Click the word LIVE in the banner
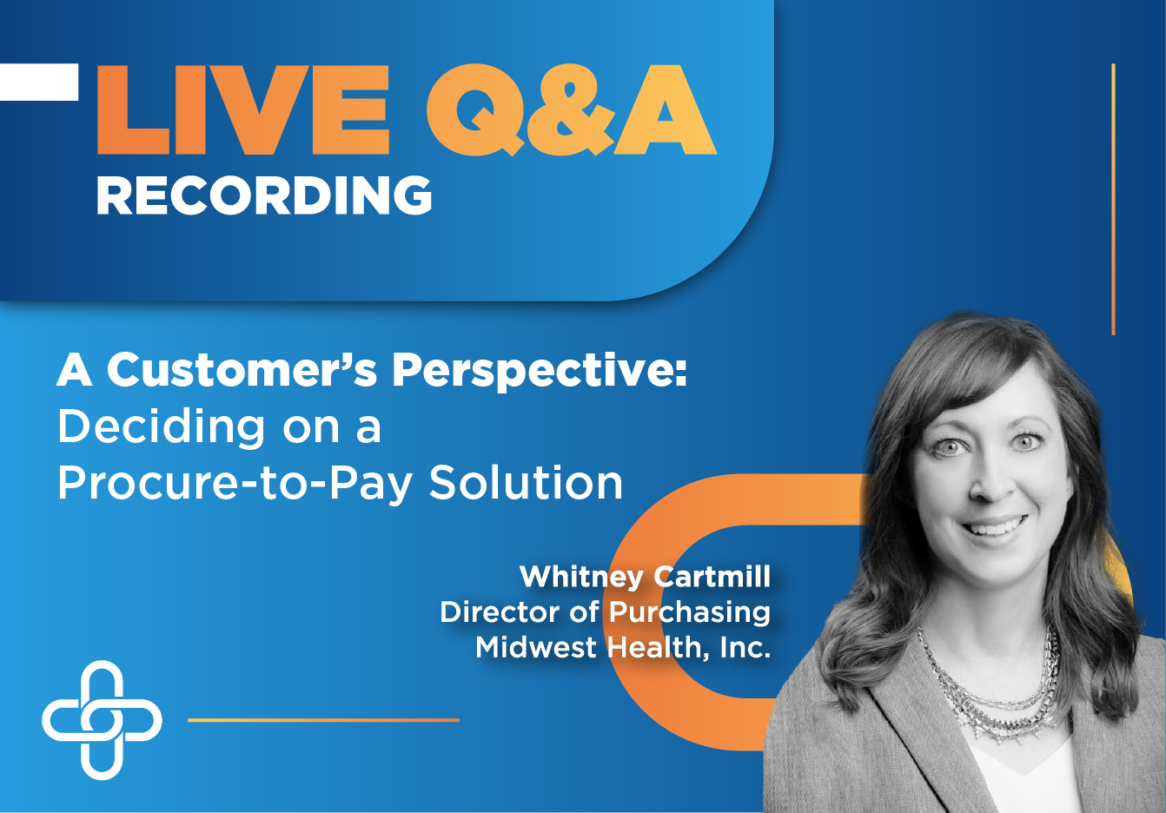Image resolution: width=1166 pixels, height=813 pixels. click(243, 109)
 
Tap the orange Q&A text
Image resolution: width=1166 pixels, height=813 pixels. click(572, 109)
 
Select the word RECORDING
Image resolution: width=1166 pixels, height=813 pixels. click(264, 195)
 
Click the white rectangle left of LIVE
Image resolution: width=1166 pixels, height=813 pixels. click(39, 82)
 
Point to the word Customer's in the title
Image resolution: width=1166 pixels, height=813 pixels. click(242, 370)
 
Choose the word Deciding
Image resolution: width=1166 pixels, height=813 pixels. click(162, 428)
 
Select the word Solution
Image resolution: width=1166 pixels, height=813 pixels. click(526, 482)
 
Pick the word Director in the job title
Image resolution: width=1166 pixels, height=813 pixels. click(500, 611)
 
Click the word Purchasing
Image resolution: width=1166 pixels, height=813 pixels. click(690, 613)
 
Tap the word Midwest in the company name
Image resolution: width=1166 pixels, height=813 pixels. click(536, 647)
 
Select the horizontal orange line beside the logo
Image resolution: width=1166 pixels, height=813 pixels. click(323, 720)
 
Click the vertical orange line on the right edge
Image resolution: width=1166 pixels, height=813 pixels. click(1113, 200)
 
